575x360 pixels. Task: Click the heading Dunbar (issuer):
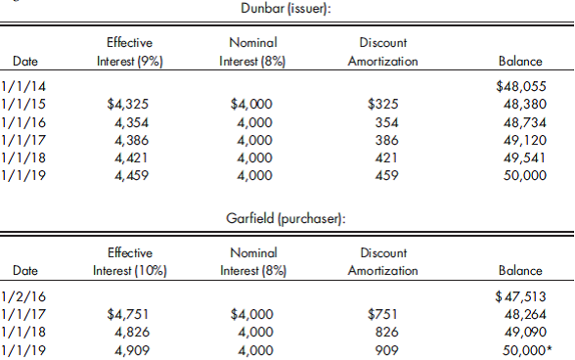(285, 9)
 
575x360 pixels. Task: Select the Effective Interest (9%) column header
(129, 52)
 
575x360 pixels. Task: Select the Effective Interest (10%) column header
(129, 260)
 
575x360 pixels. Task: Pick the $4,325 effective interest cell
(128, 102)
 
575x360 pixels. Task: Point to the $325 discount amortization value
(382, 102)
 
